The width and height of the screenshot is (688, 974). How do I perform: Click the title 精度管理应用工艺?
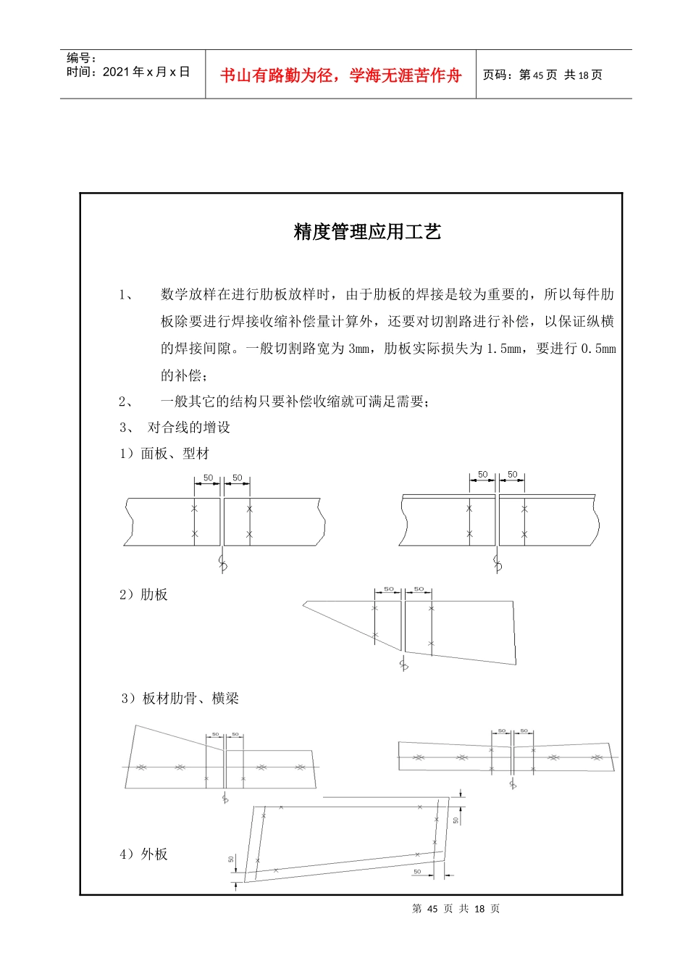pyautogui.click(x=367, y=232)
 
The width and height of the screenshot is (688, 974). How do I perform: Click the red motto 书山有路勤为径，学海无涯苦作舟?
pyautogui.click(x=340, y=75)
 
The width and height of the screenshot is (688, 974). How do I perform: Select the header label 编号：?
pyautogui.click(x=81, y=58)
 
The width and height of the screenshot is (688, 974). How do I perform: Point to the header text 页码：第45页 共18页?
pyautogui.click(x=542, y=75)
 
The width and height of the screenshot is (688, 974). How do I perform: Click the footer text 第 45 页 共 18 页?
pyautogui.click(x=456, y=909)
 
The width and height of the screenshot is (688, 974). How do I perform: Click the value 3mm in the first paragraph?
pyautogui.click(x=358, y=349)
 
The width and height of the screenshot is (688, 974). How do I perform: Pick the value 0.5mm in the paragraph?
pyautogui.click(x=598, y=349)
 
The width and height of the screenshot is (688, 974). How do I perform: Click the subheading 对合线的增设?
pyautogui.click(x=189, y=428)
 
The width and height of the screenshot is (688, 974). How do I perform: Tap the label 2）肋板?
pyautogui.click(x=143, y=594)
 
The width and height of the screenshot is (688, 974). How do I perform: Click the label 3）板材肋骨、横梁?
pyautogui.click(x=180, y=699)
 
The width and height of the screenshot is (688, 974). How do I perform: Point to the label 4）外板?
pyautogui.click(x=143, y=854)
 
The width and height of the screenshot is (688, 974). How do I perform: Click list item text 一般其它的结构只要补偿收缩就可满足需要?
pyautogui.click(x=294, y=401)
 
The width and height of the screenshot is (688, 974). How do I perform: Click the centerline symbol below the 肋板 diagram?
pyautogui.click(x=403, y=664)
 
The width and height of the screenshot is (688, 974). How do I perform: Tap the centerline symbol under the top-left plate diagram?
pyautogui.click(x=222, y=563)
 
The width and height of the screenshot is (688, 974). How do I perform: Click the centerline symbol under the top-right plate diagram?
pyautogui.click(x=498, y=563)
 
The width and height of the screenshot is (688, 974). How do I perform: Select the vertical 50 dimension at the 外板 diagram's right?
pyautogui.click(x=456, y=820)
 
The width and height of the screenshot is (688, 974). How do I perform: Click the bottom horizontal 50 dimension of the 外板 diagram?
pyautogui.click(x=417, y=872)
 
